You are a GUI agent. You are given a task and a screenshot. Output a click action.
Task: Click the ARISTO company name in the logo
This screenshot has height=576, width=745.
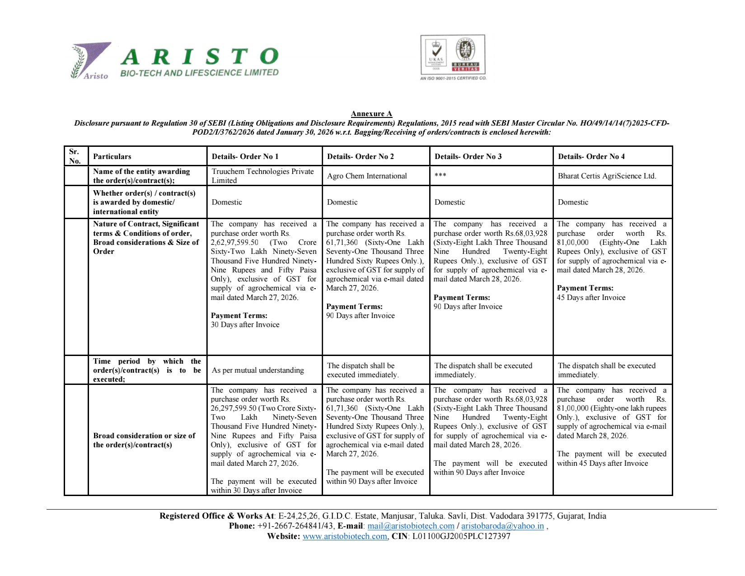199,57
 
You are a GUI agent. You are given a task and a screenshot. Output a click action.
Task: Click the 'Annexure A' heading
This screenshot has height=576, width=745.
371,114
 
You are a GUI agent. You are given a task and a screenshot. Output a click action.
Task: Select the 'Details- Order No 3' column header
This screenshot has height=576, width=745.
468,156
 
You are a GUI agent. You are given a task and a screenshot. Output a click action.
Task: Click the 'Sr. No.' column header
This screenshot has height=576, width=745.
75,156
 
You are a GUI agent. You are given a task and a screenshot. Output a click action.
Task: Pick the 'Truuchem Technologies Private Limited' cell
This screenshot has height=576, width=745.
262,176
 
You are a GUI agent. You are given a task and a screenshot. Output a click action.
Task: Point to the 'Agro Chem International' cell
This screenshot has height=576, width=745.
366,176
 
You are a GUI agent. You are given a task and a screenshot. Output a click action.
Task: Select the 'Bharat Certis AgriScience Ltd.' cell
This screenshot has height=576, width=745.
606,176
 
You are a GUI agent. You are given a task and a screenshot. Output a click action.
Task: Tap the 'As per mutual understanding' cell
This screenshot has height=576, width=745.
258,370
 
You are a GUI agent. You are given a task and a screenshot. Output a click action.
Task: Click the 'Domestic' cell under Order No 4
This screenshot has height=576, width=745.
572,202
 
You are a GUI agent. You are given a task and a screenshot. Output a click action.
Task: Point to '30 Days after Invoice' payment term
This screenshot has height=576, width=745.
245,325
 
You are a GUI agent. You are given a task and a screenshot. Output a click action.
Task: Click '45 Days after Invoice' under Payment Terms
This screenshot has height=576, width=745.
591,298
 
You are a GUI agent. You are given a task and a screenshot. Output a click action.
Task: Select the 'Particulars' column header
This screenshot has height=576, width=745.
112,157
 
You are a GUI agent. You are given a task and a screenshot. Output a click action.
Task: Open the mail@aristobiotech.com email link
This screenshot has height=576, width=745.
411,526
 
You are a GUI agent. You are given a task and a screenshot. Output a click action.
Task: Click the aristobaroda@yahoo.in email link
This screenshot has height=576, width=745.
502,526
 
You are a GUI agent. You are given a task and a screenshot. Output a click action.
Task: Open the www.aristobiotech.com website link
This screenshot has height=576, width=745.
345,537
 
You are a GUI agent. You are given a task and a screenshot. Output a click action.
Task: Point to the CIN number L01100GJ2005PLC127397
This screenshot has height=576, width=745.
461,537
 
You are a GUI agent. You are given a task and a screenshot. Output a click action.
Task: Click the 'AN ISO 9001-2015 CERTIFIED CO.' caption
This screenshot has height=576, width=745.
453,78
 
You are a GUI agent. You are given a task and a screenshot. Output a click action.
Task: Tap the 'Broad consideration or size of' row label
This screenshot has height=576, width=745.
144,436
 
